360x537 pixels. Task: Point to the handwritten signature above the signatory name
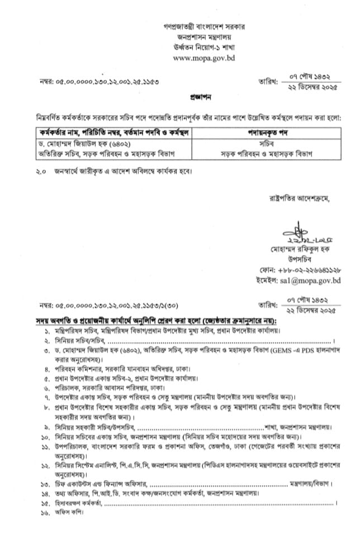point(299,232)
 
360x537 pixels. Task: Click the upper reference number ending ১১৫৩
point(100,82)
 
